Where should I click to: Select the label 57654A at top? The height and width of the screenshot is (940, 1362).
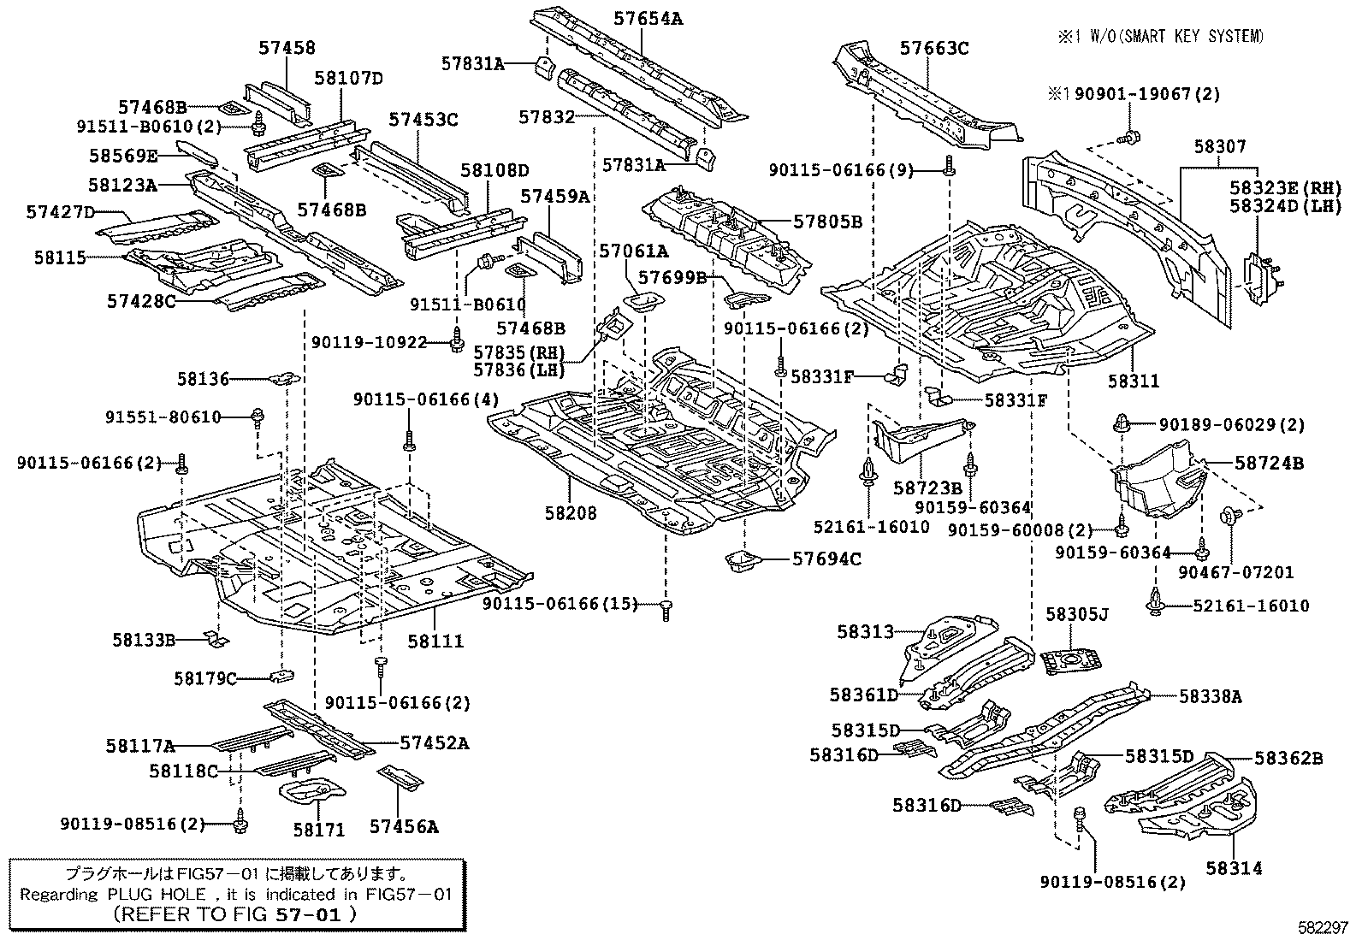pos(648,18)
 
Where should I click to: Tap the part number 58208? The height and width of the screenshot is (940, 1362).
pos(571,513)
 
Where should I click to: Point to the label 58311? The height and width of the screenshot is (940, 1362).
pos(1134,381)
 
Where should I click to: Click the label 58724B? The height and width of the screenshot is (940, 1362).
pos(1269,464)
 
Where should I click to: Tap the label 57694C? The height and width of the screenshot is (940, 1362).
pos(826,559)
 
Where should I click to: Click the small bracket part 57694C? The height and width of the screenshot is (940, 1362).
pos(742,562)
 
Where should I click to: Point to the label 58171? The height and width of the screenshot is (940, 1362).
pos(318,829)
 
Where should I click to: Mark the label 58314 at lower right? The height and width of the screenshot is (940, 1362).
pos(1234,868)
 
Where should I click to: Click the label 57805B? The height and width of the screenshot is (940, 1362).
pos(827,222)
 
